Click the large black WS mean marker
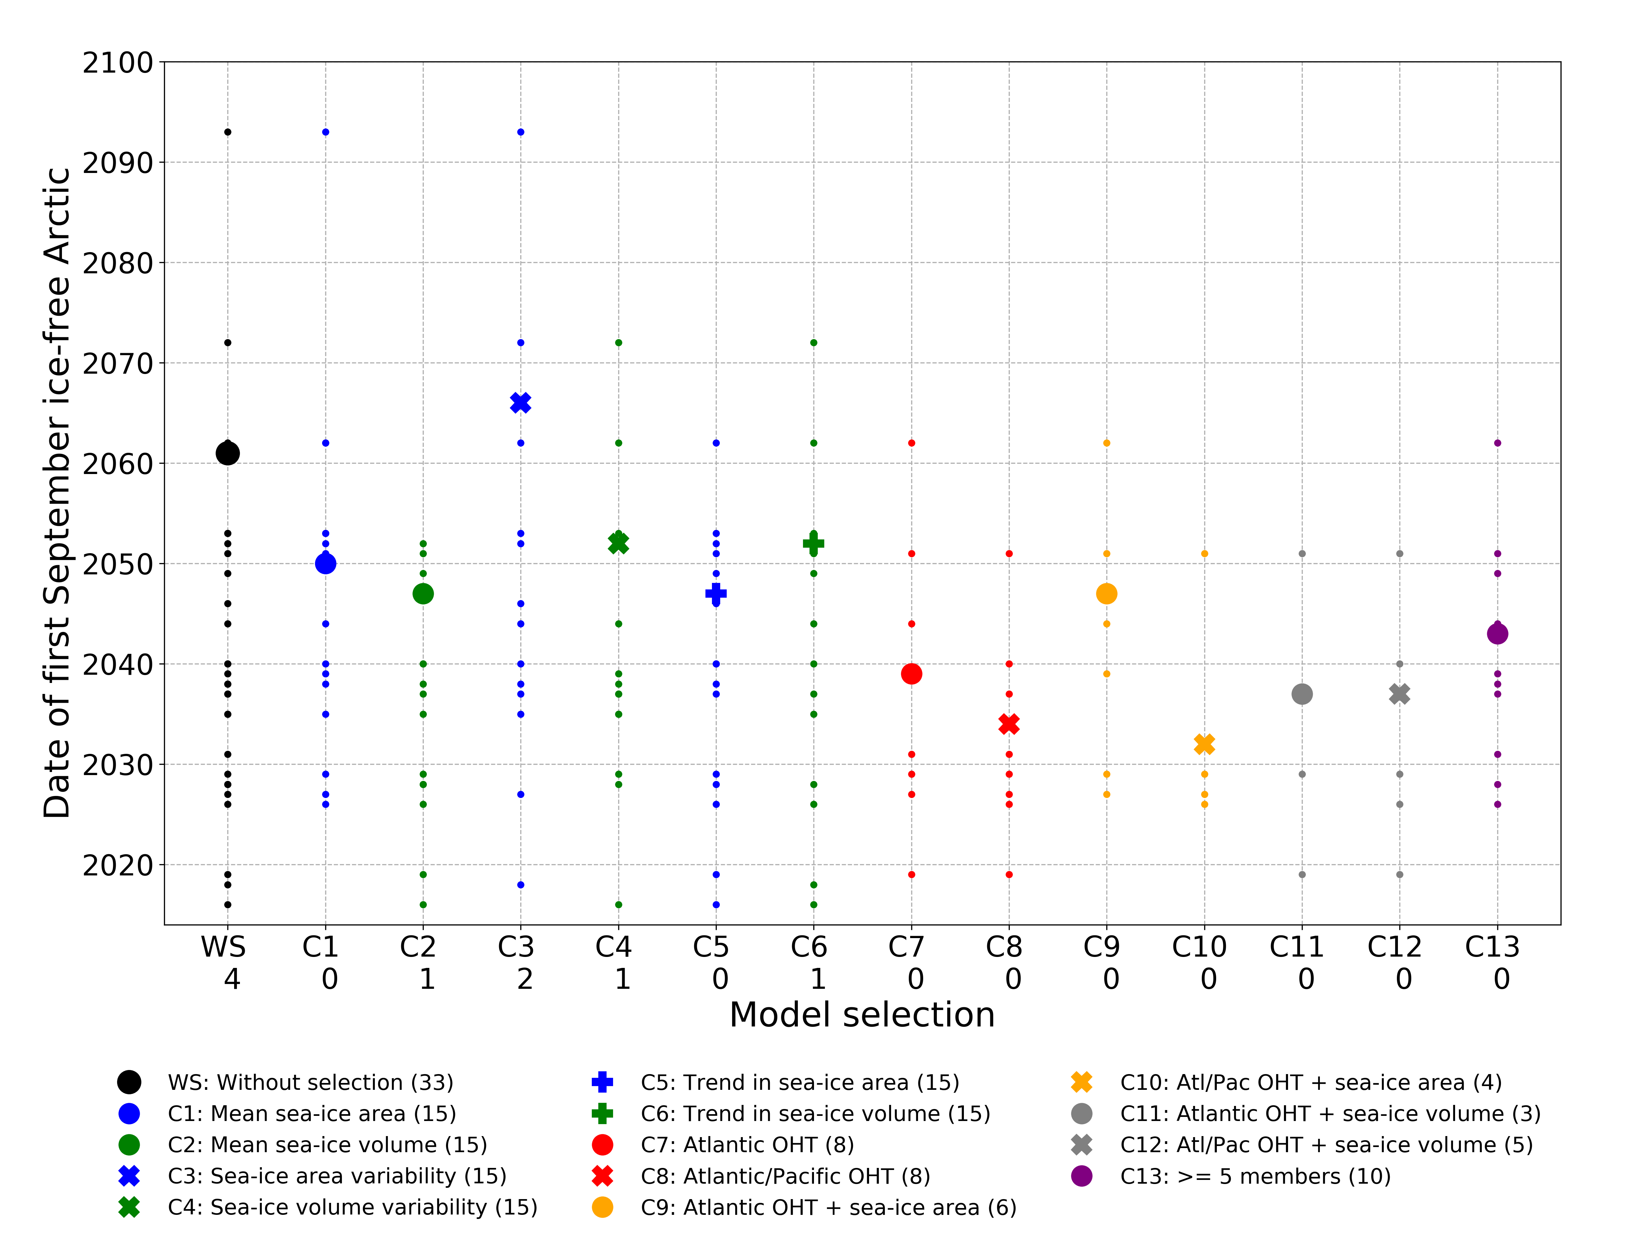[x=227, y=453]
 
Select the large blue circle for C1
[x=325, y=563]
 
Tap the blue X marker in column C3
[x=521, y=403]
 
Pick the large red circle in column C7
[x=912, y=673]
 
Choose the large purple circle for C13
[x=1498, y=633]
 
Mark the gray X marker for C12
[x=1399, y=694]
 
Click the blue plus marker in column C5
[x=716, y=593]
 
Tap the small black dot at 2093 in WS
[x=227, y=132]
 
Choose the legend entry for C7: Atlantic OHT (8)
[x=747, y=1145]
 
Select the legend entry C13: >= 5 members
[x=1255, y=1176]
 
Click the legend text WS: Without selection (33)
[x=310, y=1082]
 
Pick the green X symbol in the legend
[x=129, y=1207]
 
